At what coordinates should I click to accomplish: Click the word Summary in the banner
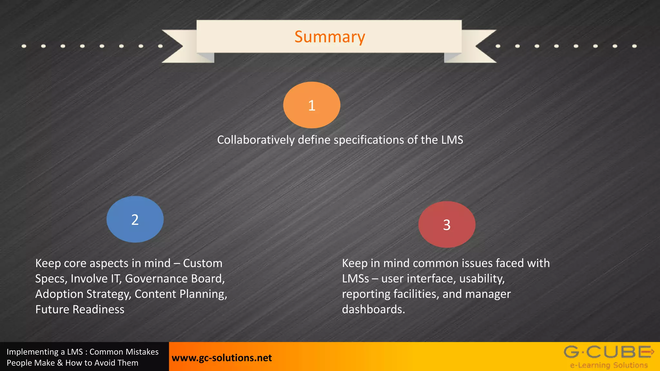tap(330, 37)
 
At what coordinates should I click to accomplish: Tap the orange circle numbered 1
tap(312, 105)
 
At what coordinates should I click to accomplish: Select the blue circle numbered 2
tap(135, 219)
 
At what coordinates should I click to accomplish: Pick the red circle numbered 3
tap(447, 224)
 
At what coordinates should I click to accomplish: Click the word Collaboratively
tap(256, 140)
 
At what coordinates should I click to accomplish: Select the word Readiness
tap(98, 309)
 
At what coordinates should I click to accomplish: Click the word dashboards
tap(373, 309)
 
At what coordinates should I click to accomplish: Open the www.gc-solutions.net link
tap(222, 358)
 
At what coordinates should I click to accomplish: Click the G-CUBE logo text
tap(608, 352)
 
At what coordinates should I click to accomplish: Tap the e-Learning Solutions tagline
tap(609, 365)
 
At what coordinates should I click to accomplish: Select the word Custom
tap(203, 263)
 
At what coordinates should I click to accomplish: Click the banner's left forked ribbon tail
tap(180, 46)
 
